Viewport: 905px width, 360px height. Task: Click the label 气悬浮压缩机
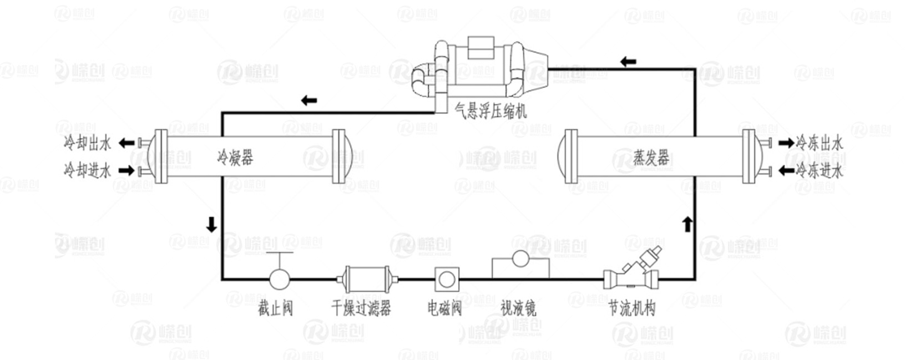tap(491, 111)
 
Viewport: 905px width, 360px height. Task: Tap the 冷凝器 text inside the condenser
tap(235, 158)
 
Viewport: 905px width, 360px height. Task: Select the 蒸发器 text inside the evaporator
tap(651, 158)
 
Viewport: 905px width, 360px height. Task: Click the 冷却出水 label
tap(87, 144)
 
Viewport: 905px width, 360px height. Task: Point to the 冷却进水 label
tap(87, 170)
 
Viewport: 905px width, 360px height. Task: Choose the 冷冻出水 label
tap(820, 143)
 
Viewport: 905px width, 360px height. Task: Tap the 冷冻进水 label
tap(820, 170)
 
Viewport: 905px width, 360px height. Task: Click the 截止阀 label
tap(275, 308)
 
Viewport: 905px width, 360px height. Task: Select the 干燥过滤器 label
tap(361, 308)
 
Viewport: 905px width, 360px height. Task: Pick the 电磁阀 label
tap(444, 308)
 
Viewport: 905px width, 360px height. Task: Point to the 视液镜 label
tap(518, 308)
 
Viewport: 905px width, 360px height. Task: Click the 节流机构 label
tap(631, 308)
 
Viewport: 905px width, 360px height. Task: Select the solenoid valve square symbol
tap(447, 278)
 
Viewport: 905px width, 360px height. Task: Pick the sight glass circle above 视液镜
tap(520, 259)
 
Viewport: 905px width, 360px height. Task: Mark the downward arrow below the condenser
tap(211, 224)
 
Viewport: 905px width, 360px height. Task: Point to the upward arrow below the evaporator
tap(687, 224)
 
